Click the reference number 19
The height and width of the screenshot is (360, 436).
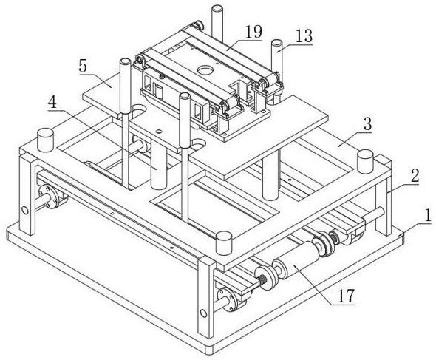[x=253, y=32]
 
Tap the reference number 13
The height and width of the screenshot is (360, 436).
[x=304, y=36]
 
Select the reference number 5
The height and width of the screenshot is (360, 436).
[x=83, y=67]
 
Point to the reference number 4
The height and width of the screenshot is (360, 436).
[x=52, y=103]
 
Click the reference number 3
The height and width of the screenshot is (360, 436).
[x=367, y=124]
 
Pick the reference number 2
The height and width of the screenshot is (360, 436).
[x=415, y=176]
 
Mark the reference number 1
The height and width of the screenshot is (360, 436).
[x=428, y=216]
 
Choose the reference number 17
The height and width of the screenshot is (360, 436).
[x=346, y=296]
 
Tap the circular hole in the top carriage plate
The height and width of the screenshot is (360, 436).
[x=205, y=69]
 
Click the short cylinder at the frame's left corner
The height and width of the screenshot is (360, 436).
[x=45, y=140]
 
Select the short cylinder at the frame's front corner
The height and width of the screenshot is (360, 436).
[x=224, y=243]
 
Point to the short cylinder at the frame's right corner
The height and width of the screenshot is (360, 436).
[x=365, y=162]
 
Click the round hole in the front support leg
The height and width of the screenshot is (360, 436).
[x=203, y=313]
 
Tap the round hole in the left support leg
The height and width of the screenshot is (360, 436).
[x=25, y=211]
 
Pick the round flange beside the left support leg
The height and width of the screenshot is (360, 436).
[x=49, y=197]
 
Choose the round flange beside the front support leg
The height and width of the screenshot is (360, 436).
[x=228, y=300]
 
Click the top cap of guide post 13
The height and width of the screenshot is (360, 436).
[x=277, y=44]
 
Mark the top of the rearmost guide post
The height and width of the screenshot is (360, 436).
[x=217, y=9]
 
